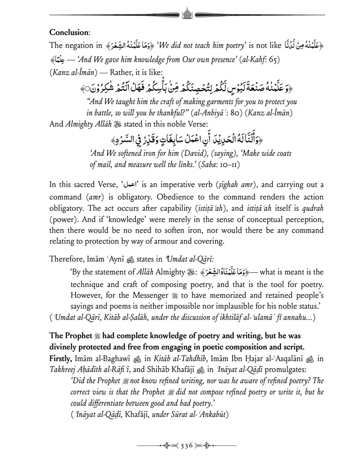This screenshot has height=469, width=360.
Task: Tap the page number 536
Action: [x=186, y=446]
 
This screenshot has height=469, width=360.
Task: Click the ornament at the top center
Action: [x=186, y=15]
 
